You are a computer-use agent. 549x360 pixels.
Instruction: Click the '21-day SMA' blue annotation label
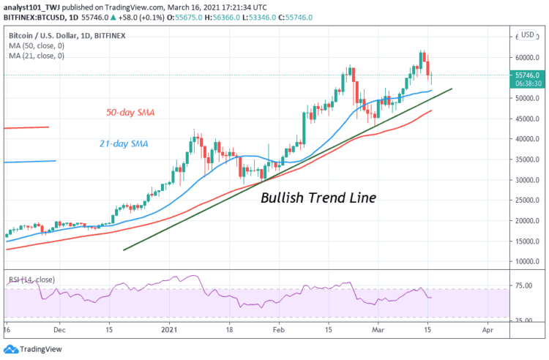123,143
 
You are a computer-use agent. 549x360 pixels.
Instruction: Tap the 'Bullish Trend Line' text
318,198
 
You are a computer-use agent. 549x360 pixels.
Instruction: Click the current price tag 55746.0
527,75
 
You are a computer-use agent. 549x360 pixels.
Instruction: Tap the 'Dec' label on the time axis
61,330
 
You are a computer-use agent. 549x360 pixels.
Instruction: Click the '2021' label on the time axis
171,330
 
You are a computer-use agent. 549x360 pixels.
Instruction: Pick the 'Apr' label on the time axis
488,330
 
